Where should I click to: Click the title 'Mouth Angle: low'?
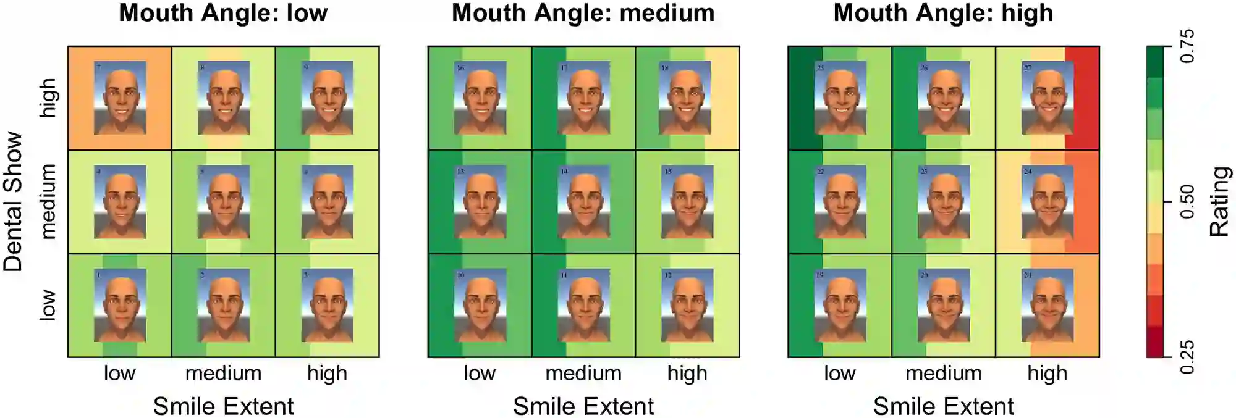click(223, 13)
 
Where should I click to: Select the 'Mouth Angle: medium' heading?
click(583, 13)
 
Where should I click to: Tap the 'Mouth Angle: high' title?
click(943, 13)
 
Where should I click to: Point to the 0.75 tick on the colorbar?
click(1187, 46)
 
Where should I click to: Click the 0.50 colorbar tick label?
click(1187, 202)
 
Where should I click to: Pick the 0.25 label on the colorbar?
click(1187, 357)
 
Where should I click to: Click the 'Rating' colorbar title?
click(1219, 202)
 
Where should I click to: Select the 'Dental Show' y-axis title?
click(14, 202)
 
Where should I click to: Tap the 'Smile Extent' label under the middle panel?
click(583, 406)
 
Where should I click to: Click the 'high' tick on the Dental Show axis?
click(48, 98)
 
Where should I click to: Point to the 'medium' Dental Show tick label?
click(48, 202)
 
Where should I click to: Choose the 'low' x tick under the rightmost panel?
click(839, 373)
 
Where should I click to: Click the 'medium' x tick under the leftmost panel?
click(223, 373)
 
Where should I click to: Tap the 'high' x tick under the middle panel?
click(687, 373)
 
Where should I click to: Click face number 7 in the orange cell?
click(120, 98)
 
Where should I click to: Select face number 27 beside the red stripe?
click(1048, 98)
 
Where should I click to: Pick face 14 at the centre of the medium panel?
click(583, 202)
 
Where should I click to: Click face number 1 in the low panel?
click(120, 305)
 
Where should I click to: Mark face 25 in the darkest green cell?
click(840, 98)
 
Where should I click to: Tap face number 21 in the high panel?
click(1048, 305)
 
